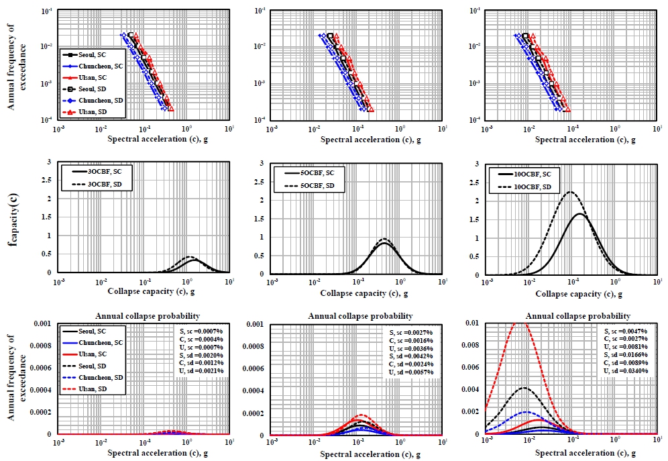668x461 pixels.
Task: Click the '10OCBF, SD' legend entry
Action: pyautogui.click(x=526, y=186)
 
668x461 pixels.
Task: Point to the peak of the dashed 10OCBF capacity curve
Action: pyautogui.click(x=571, y=192)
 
